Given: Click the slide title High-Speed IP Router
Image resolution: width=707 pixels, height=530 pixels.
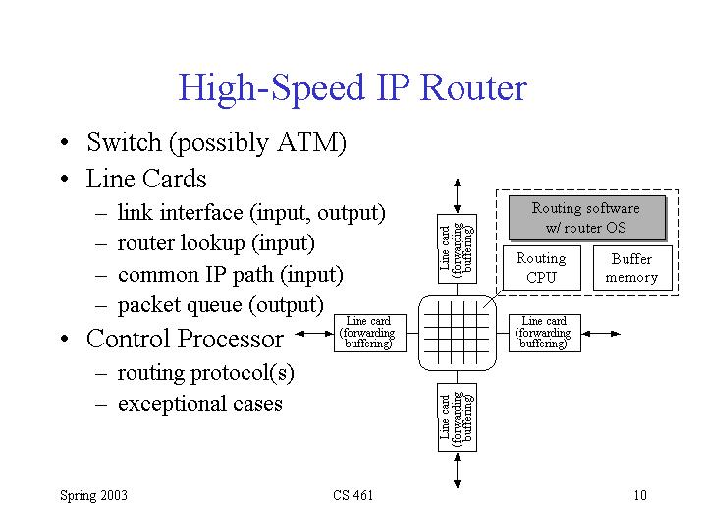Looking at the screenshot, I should tap(353, 88).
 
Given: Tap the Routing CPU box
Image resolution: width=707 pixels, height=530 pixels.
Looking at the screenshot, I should tap(541, 267).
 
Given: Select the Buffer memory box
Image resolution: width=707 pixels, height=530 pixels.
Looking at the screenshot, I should tap(631, 267).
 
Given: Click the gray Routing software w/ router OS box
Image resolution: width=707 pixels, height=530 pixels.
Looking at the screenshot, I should tap(585, 218).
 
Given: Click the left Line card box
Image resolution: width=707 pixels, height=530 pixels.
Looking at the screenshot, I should tap(368, 333).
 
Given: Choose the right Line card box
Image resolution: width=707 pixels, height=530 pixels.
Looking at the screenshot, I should tap(544, 333).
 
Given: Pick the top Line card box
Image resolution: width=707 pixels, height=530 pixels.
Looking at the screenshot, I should tap(457, 247).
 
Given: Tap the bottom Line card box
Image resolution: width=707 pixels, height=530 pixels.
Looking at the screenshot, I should tap(457, 419).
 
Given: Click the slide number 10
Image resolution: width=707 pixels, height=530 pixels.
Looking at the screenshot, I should tap(640, 495).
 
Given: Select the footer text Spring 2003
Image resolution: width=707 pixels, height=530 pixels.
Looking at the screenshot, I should tap(93, 495).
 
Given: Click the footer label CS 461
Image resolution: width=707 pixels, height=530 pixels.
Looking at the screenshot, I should tap(353, 495).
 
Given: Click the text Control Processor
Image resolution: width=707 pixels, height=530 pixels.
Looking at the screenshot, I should tap(185, 340).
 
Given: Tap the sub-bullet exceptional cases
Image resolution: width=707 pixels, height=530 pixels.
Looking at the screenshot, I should tap(199, 404).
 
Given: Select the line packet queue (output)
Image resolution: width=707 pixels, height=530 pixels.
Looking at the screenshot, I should tap(220, 305).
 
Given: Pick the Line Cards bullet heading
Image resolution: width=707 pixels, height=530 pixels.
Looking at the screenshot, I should tap(146, 180).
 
